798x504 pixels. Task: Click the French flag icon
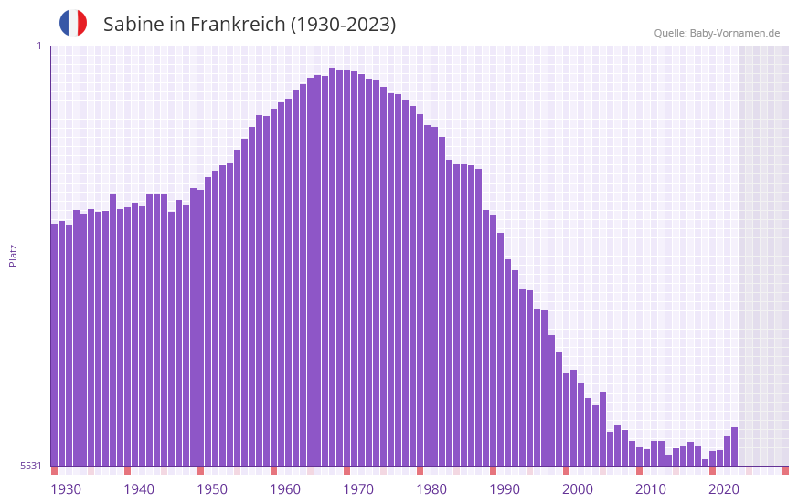click(73, 24)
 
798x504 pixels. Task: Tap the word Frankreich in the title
click(236, 25)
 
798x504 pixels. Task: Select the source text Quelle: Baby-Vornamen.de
click(717, 33)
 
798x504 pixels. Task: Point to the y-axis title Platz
click(13, 255)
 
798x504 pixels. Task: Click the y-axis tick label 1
click(38, 46)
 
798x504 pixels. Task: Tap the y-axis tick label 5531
click(31, 466)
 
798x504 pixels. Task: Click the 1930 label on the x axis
click(66, 489)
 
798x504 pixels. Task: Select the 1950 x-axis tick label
click(212, 489)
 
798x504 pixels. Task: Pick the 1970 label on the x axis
click(358, 489)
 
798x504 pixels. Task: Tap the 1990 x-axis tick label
click(505, 489)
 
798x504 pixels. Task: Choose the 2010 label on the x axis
click(651, 489)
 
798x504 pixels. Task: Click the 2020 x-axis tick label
click(724, 489)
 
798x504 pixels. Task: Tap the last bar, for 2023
click(734, 446)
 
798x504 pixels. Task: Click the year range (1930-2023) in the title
click(343, 25)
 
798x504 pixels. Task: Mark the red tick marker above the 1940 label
click(128, 470)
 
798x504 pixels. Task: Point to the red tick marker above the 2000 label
click(567, 470)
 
